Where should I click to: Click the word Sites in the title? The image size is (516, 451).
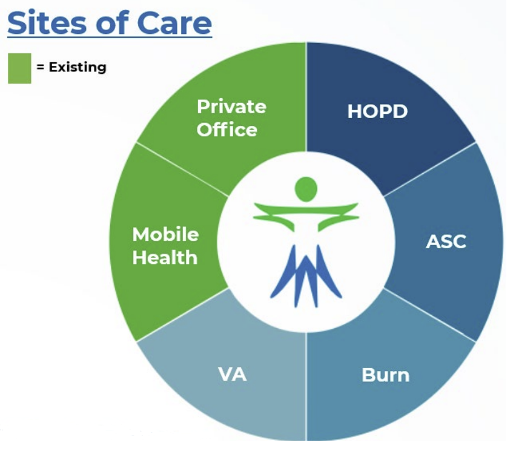point(48,22)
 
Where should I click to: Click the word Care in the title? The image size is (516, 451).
point(174,23)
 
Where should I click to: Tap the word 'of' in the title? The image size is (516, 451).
point(113,22)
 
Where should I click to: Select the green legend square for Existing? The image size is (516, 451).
point(19,68)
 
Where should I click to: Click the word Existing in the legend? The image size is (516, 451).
point(78,67)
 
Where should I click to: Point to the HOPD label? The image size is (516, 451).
point(377,111)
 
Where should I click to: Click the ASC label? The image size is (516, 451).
point(446,242)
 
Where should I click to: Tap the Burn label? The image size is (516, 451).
point(385,375)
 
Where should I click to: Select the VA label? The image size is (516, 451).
point(233,374)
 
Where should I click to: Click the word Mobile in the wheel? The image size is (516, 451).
point(165,234)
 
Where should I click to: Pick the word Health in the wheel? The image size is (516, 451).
point(165,257)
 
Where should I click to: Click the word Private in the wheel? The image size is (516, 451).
point(232,107)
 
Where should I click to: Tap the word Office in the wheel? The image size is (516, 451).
point(227,130)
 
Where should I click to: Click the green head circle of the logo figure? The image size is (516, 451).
point(306,189)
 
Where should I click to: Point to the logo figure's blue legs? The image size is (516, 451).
point(306,276)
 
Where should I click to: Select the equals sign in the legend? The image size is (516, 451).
point(41,67)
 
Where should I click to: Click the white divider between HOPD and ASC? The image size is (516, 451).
point(430,170)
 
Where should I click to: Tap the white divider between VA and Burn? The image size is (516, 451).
point(306,386)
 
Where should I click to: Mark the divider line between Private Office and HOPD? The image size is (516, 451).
point(306,97)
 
